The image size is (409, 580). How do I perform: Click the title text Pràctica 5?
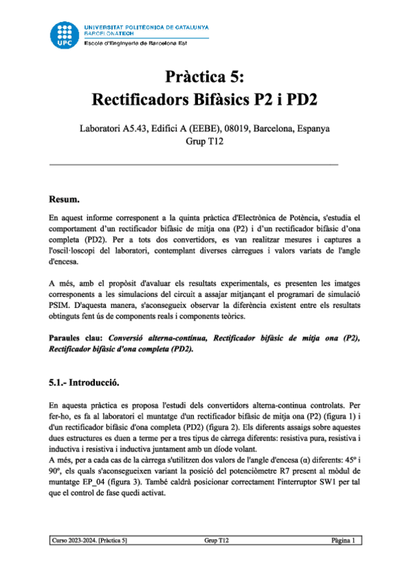pos(204,76)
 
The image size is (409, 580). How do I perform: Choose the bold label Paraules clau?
pos(76,338)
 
